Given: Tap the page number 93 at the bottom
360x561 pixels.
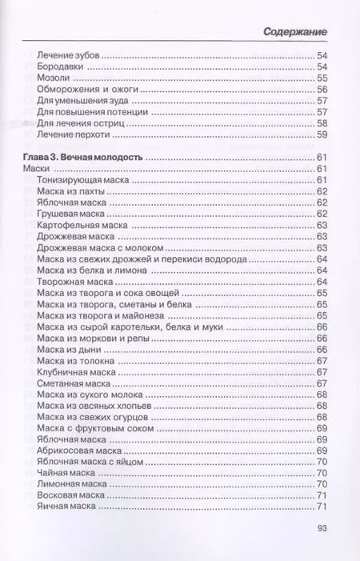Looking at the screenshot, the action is click(x=323, y=527).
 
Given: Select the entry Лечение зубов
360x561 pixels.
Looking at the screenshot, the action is click(x=70, y=54).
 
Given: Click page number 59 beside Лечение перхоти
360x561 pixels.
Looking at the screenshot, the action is click(x=323, y=136).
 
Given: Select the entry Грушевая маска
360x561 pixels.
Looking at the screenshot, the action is click(x=72, y=215).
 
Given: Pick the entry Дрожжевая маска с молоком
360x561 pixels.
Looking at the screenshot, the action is click(x=99, y=248).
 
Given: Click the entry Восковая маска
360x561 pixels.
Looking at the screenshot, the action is click(x=70, y=495).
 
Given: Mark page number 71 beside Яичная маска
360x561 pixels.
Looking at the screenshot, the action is click(x=323, y=507).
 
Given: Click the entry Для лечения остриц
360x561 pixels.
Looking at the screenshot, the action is click(x=78, y=124).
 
